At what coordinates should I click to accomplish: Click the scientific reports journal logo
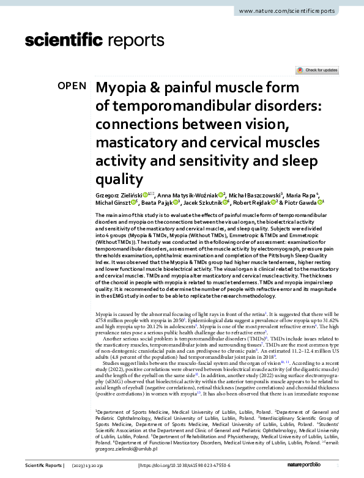tap(95, 41)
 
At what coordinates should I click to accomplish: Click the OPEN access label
tap(72, 86)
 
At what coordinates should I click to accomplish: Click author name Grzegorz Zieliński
tap(119, 194)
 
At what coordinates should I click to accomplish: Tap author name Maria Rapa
tap(297, 194)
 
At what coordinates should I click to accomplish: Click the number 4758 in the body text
tap(104, 318)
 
